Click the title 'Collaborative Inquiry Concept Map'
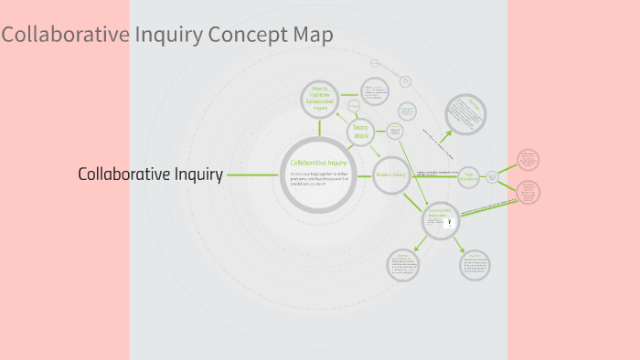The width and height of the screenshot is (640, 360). pyautogui.click(x=167, y=35)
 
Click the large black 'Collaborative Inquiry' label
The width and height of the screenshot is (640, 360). pyautogui.click(x=151, y=174)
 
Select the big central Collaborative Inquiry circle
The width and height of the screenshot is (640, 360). pyautogui.click(x=318, y=175)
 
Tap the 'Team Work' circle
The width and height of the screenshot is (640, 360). pyautogui.click(x=361, y=132)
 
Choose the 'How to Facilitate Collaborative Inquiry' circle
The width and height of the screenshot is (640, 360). pyautogui.click(x=320, y=97)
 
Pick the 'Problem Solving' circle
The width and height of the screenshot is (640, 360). pyautogui.click(x=391, y=175)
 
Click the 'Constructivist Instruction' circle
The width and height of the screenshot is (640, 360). pyautogui.click(x=440, y=220)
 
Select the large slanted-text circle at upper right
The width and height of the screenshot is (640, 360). pyautogui.click(x=465, y=114)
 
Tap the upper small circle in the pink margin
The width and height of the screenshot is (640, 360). pyautogui.click(x=528, y=160)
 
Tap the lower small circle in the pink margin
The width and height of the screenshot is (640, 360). pyautogui.click(x=528, y=192)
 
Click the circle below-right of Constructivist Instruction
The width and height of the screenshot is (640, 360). pyautogui.click(x=475, y=265)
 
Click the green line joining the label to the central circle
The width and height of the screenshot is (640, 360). pyautogui.click(x=252, y=174)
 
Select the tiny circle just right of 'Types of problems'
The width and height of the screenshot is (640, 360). pyautogui.click(x=492, y=176)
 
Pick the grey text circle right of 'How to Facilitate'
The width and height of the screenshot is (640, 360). pyautogui.click(x=374, y=91)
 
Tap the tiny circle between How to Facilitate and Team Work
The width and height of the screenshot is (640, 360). pyautogui.click(x=353, y=106)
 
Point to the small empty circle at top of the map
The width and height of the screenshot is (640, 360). pyautogui.click(x=375, y=63)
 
